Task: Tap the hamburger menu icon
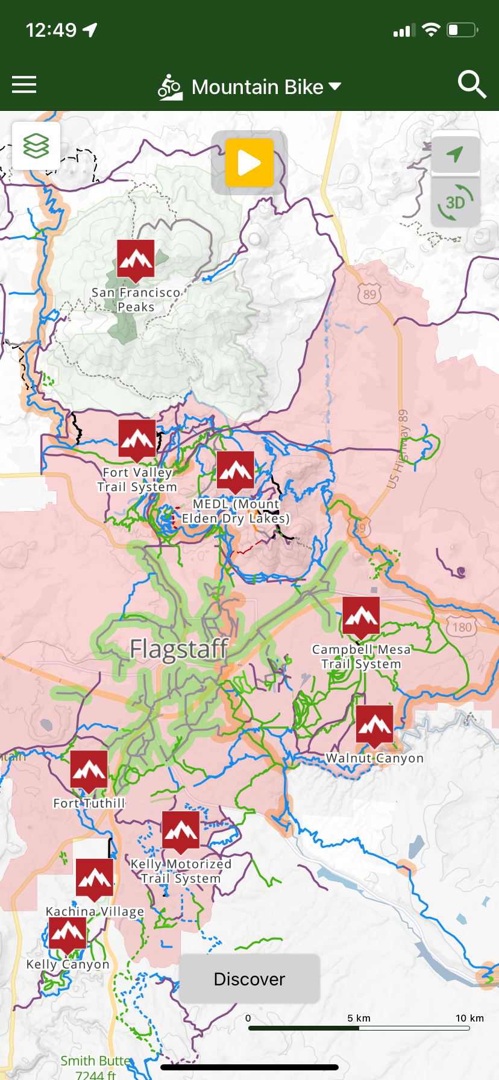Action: [24, 85]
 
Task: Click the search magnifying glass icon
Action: [472, 85]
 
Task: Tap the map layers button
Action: [36, 146]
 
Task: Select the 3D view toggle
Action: [456, 202]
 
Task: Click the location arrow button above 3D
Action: [456, 154]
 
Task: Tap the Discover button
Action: [249, 979]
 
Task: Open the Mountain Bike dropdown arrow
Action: [334, 87]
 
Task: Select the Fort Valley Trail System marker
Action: [137, 439]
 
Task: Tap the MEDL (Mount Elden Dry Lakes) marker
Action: [235, 471]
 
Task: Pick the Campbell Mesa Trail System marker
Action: [361, 616]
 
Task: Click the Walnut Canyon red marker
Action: [374, 725]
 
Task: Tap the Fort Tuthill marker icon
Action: [89, 770]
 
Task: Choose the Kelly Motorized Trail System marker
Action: [181, 830]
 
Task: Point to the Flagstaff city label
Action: [179, 649]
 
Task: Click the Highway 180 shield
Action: [462, 627]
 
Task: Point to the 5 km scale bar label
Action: [359, 1018]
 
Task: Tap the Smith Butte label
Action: [95, 1061]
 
